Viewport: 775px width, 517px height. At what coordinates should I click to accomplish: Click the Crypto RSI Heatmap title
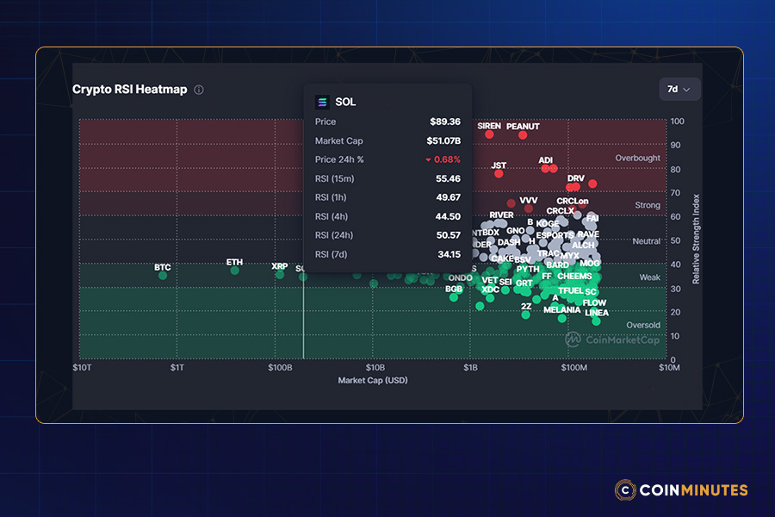[x=129, y=90]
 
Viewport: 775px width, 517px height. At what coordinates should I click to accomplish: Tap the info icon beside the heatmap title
[x=199, y=90]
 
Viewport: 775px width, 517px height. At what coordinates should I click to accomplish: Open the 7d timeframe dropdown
[x=679, y=89]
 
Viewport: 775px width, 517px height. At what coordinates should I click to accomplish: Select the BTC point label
[x=163, y=267]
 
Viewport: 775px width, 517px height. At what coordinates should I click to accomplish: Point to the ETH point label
[x=234, y=262]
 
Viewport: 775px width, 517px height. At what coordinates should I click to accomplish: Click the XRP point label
[x=279, y=266]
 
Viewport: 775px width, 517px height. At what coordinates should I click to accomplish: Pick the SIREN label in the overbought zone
[x=488, y=126]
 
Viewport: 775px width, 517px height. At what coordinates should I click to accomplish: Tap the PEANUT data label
[x=523, y=127]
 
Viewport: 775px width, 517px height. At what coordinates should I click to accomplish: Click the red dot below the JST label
[x=499, y=174]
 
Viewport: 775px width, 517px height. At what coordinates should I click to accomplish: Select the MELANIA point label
[x=561, y=309]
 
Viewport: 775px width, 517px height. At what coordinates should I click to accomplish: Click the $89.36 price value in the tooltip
[x=445, y=122]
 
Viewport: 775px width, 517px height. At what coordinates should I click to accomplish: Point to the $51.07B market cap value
[x=443, y=140]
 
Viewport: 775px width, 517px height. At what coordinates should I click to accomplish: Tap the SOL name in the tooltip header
[x=345, y=102]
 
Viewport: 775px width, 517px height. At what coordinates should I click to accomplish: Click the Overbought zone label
[x=637, y=159]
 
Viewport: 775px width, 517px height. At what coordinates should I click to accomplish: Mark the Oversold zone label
[x=642, y=325]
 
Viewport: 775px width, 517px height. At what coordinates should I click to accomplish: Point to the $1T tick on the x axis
[x=177, y=368]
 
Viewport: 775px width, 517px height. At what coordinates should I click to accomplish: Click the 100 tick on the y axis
[x=678, y=121]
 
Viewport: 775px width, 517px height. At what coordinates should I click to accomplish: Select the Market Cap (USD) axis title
[x=373, y=380]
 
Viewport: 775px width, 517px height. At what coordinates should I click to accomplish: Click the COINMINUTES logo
[x=681, y=490]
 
